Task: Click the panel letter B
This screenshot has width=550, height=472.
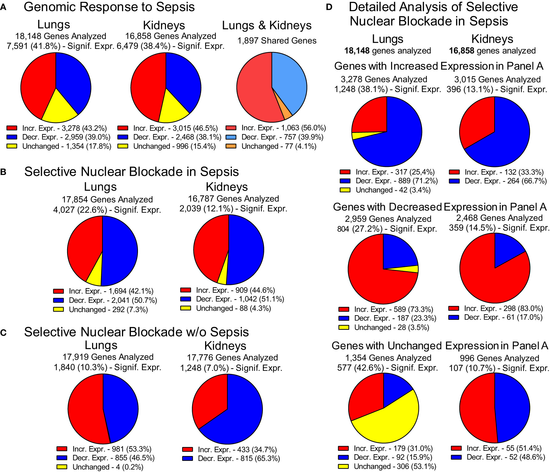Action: pyautogui.click(x=3, y=172)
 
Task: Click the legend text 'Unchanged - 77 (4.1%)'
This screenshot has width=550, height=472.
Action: pyautogui.click(x=279, y=146)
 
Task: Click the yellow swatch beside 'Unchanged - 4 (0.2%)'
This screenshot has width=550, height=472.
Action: pyautogui.click(x=62, y=467)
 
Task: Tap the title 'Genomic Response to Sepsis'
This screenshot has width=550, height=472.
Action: pyautogui.click(x=109, y=7)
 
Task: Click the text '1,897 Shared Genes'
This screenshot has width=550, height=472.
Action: pyautogui.click(x=277, y=41)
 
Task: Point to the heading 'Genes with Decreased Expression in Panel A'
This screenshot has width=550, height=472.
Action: pyautogui.click(x=439, y=207)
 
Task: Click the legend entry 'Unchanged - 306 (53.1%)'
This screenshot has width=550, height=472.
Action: pyautogui.click(x=395, y=466)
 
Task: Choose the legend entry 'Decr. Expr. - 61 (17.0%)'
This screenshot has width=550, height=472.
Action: pyautogui.click(x=503, y=317)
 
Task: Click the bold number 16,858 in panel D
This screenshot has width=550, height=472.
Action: pyautogui.click(x=461, y=51)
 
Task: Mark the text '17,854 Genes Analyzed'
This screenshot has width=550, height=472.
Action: pyautogui.click(x=107, y=200)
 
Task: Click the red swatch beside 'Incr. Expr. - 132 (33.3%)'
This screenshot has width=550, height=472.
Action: pyautogui.click(x=454, y=172)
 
